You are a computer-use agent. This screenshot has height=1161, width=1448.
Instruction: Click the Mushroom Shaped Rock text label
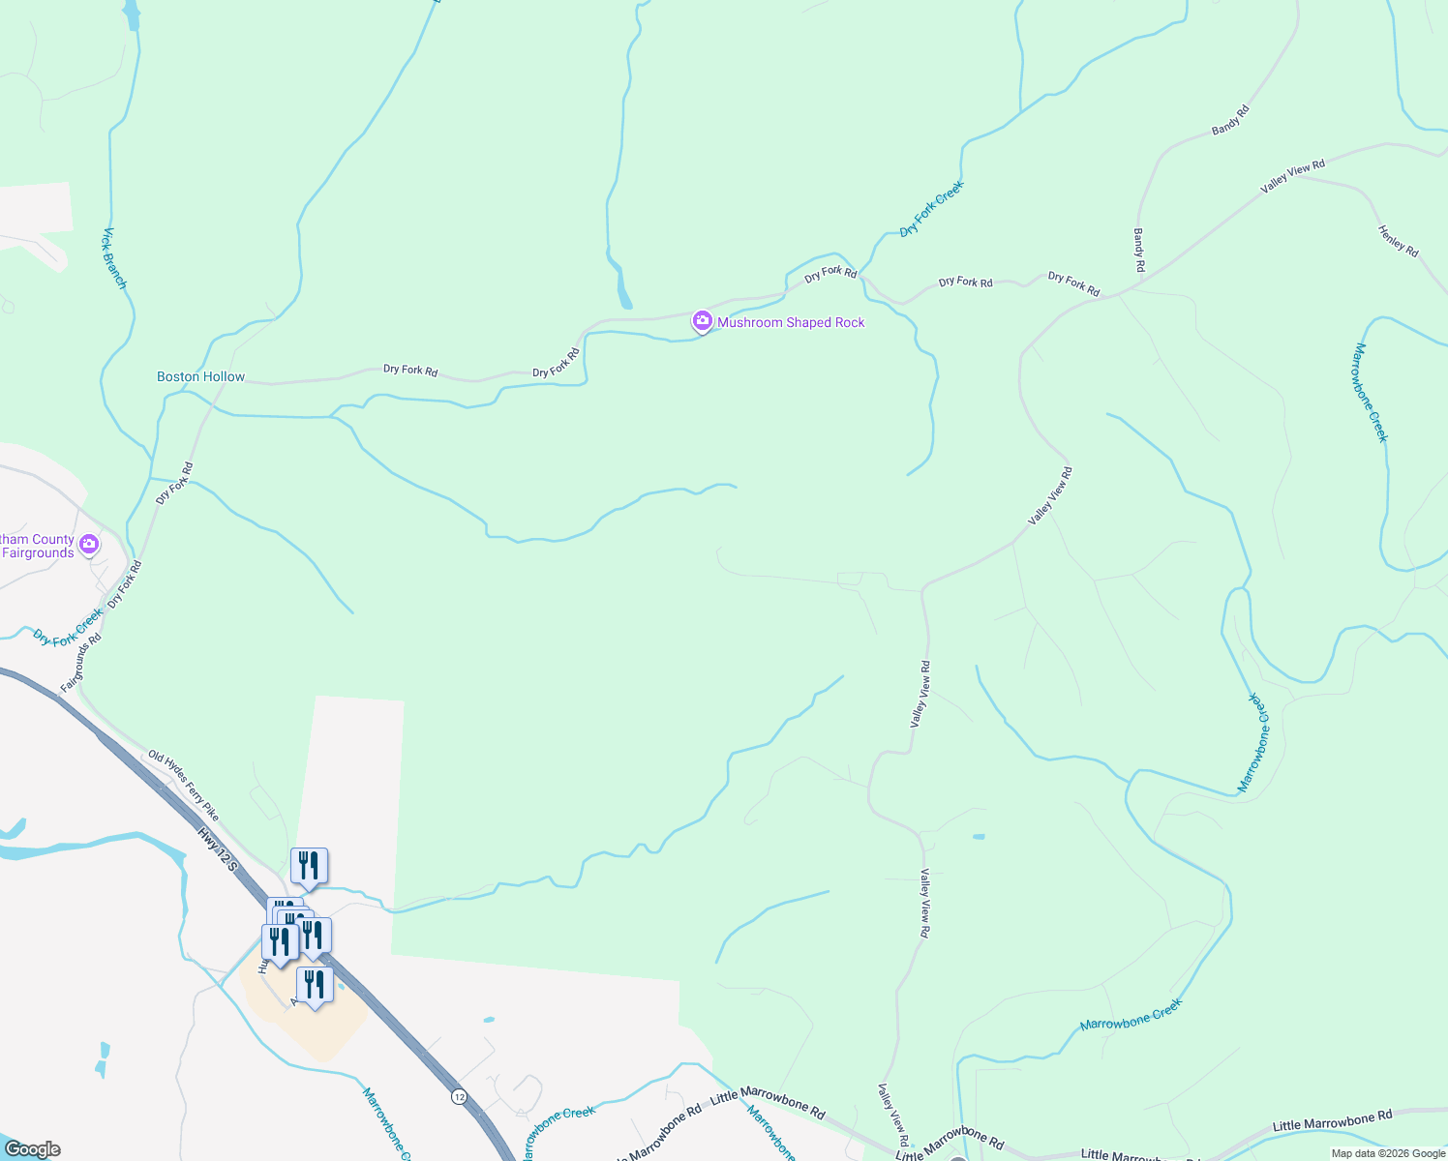[x=791, y=322]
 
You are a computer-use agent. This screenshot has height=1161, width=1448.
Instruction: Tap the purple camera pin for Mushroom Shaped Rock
[x=702, y=321]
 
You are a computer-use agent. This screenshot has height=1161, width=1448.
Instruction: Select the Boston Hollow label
[x=201, y=376]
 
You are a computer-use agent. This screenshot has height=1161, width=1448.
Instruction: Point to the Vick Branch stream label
[x=115, y=258]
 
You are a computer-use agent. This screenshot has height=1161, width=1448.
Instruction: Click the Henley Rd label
[x=1398, y=241]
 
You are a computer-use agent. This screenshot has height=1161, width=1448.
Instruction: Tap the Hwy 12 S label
[x=217, y=848]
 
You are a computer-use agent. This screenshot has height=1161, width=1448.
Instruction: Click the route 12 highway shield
[x=459, y=1096]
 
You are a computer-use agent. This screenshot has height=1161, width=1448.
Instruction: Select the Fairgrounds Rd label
[x=80, y=664]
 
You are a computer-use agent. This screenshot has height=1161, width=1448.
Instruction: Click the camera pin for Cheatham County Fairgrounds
[x=90, y=545]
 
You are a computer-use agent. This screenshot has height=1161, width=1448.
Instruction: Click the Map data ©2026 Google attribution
[x=1388, y=1153]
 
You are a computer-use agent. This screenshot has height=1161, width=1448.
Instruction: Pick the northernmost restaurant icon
[x=309, y=865]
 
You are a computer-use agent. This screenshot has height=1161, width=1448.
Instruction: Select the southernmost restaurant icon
[x=315, y=985]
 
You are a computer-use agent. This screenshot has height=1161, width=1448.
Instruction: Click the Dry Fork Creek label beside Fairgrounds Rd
[x=68, y=627]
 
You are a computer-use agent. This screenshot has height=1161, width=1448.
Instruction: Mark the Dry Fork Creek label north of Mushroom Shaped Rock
[x=931, y=209]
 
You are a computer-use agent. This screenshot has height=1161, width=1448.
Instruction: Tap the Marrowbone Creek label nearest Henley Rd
[x=1371, y=392]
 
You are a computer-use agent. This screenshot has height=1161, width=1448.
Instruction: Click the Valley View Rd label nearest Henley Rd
[x=1292, y=176]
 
